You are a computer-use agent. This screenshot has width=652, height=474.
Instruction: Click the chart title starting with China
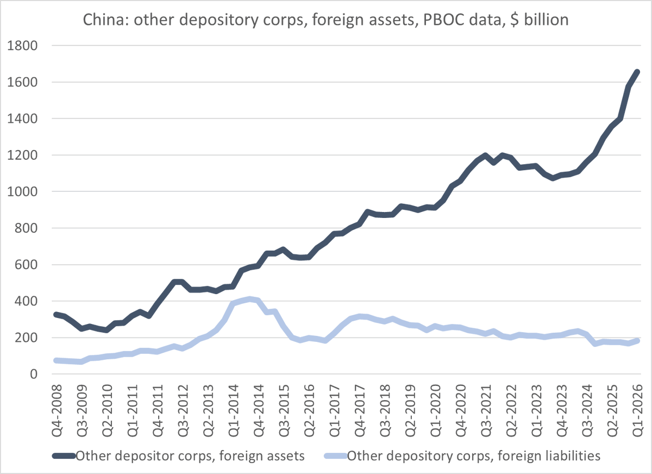[325, 21]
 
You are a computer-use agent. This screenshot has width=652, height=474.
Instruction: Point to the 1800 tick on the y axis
[22, 46]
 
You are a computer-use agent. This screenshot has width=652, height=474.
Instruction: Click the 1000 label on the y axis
[22, 192]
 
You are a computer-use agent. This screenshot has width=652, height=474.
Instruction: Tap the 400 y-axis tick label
[25, 301]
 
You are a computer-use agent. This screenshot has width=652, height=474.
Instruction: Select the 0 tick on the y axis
[33, 375]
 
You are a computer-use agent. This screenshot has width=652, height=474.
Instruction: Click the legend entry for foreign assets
[190, 456]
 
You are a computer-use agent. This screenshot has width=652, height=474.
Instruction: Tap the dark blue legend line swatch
[64, 456]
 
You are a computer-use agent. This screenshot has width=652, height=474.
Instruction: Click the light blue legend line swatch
[334, 456]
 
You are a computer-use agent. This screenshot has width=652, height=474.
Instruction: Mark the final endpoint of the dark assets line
[637, 72]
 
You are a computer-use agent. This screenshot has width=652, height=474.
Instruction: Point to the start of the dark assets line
[57, 314]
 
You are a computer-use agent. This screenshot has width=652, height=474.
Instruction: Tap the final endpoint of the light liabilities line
[637, 341]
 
